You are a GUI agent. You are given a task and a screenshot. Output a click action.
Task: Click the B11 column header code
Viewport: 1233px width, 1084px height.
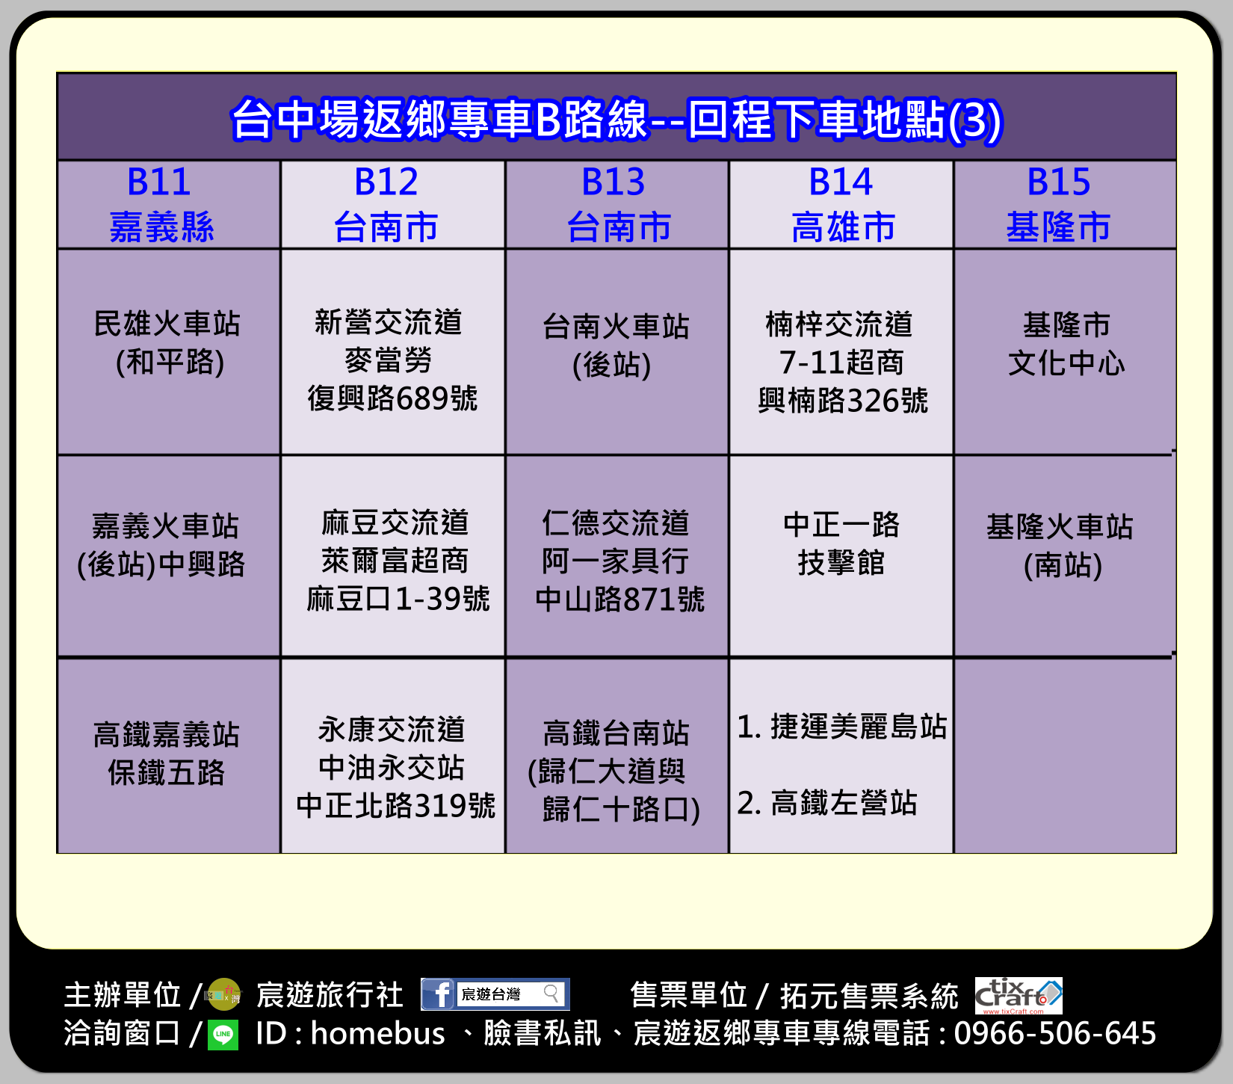pos(159,182)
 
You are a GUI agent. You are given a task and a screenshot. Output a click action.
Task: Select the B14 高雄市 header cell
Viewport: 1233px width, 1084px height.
pos(841,204)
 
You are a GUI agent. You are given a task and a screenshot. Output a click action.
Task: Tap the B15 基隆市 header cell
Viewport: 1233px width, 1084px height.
pos(1065,204)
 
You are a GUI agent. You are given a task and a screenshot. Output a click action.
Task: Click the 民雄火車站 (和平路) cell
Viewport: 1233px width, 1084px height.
pos(168,351)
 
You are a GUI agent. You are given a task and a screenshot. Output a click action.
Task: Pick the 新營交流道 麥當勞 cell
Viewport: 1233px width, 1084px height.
pos(392,351)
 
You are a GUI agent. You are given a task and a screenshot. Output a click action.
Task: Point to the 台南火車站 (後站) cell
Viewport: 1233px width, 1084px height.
pos(616,351)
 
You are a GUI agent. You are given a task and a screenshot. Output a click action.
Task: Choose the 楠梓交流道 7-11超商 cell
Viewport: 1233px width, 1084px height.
pos(841,351)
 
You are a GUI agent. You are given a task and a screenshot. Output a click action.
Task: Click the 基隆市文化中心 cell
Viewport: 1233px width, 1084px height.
pos(1065,351)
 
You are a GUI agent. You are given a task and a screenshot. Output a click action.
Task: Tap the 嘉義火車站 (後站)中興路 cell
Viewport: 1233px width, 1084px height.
pos(168,556)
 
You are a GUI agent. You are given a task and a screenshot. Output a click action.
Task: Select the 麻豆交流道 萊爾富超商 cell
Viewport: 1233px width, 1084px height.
pos(392,556)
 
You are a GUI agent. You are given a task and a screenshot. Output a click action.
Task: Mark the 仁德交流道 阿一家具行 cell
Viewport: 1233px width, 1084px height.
pos(616,556)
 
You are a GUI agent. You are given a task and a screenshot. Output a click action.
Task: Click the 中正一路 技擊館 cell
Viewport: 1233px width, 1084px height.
pos(841,556)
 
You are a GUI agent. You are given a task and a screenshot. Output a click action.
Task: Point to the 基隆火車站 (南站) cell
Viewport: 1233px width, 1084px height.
pos(1065,556)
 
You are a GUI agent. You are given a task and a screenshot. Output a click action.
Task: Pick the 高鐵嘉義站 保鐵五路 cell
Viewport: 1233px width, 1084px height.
pos(168,756)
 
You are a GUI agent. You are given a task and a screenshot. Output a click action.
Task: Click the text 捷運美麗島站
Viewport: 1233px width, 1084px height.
pos(859,727)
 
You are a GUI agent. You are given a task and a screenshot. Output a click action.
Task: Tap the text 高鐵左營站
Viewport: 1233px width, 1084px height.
pos(844,803)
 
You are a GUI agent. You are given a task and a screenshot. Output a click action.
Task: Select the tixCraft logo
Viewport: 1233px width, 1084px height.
pos(1019,995)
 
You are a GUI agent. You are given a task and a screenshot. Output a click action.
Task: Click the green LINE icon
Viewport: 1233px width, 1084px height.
pos(223,1035)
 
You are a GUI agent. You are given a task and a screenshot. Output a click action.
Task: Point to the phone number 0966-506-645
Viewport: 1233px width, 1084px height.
pos(1055,1033)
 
